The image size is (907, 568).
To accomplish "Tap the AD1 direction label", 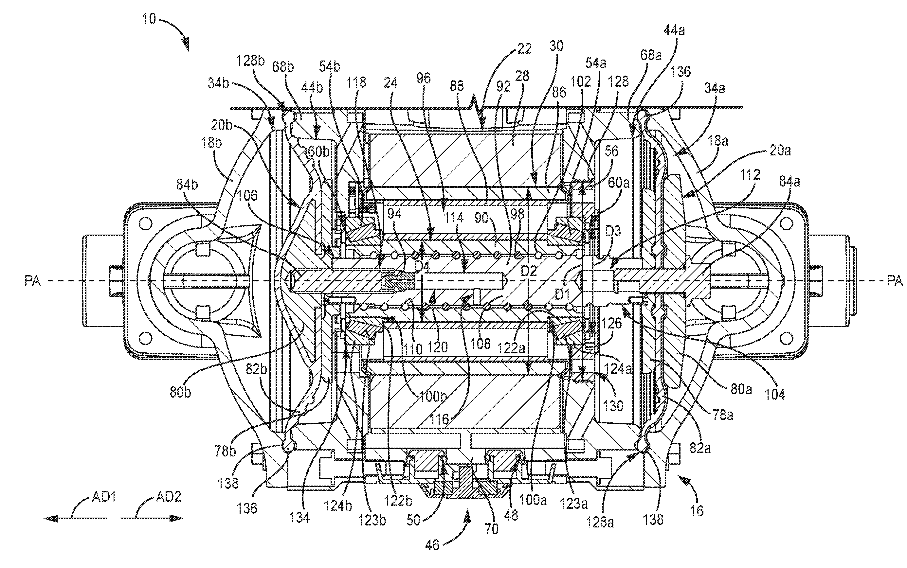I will pos(104,497).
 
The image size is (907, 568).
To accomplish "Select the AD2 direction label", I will pos(169,497).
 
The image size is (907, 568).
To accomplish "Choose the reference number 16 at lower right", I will pos(697,510).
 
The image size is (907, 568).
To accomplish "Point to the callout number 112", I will pos(750,175).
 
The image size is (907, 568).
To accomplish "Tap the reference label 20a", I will pos(780,151).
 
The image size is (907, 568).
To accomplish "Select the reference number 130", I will pos(613,405).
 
